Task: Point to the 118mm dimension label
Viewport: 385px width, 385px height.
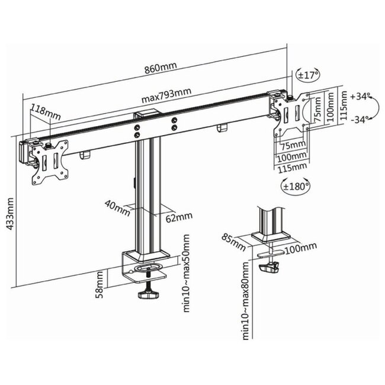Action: [46, 110]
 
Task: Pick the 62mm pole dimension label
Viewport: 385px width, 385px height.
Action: [177, 217]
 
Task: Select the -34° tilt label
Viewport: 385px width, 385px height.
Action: [360, 119]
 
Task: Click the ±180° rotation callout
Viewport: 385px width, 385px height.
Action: [291, 187]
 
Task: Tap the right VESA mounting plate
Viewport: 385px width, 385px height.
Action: [291, 113]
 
